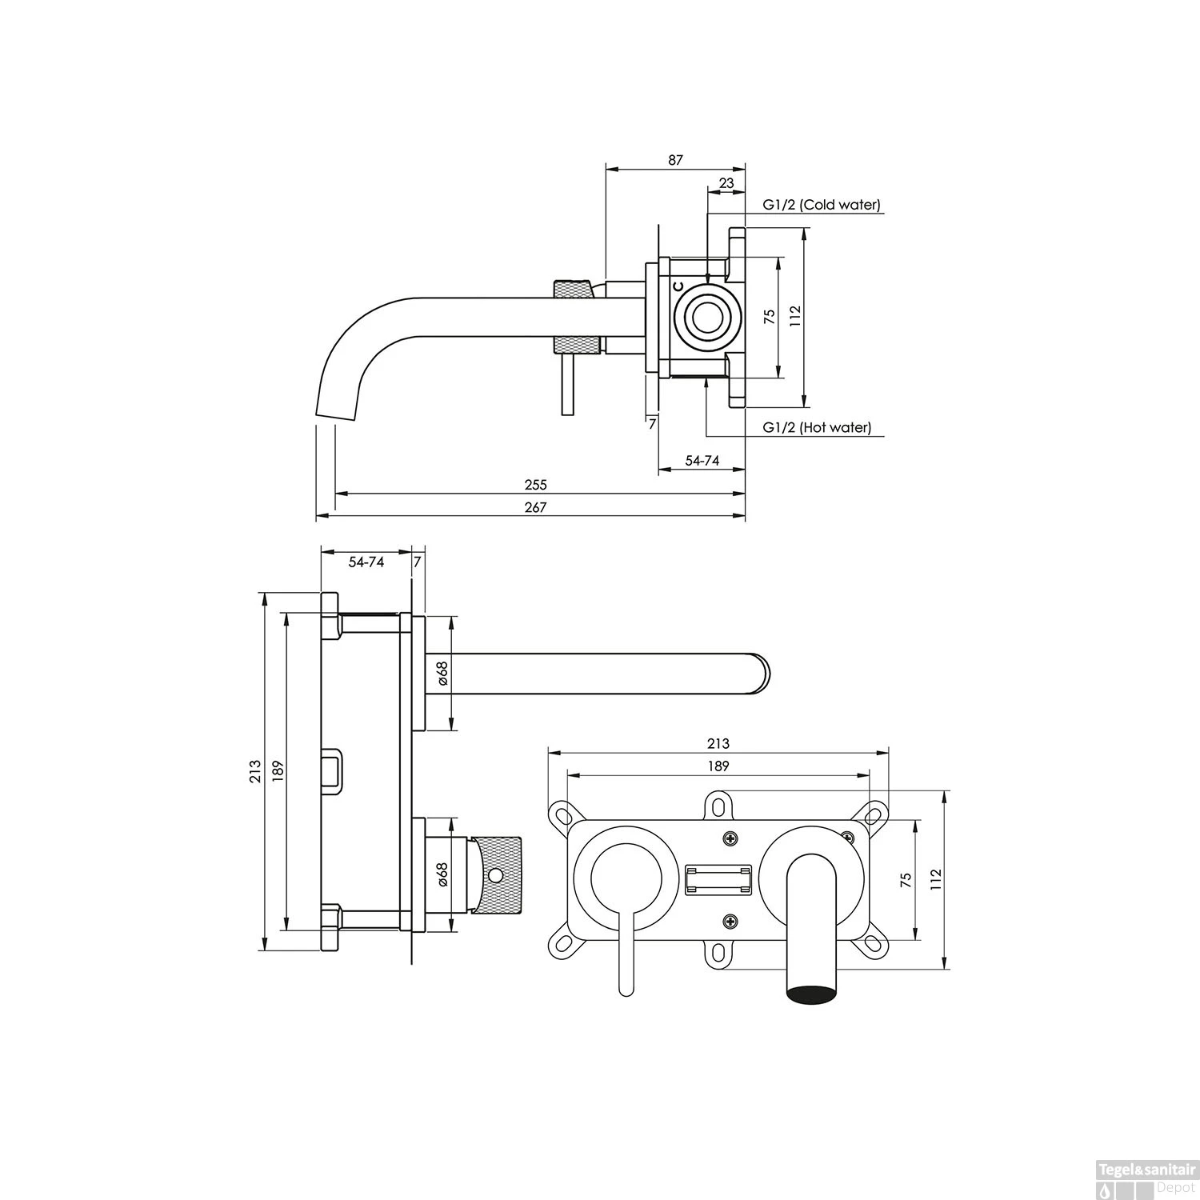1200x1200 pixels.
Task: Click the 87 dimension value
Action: [x=676, y=160]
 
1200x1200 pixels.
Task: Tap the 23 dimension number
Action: [x=726, y=183]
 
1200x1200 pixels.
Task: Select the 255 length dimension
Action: [x=535, y=485]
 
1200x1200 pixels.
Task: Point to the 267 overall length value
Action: [x=535, y=507]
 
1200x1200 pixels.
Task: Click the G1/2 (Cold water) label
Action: [x=821, y=205]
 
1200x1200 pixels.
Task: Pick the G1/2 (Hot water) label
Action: [x=817, y=427]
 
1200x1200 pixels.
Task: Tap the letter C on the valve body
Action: [x=678, y=286]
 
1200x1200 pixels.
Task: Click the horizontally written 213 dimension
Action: [x=718, y=743]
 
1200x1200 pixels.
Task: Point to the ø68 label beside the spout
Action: [x=442, y=673]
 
